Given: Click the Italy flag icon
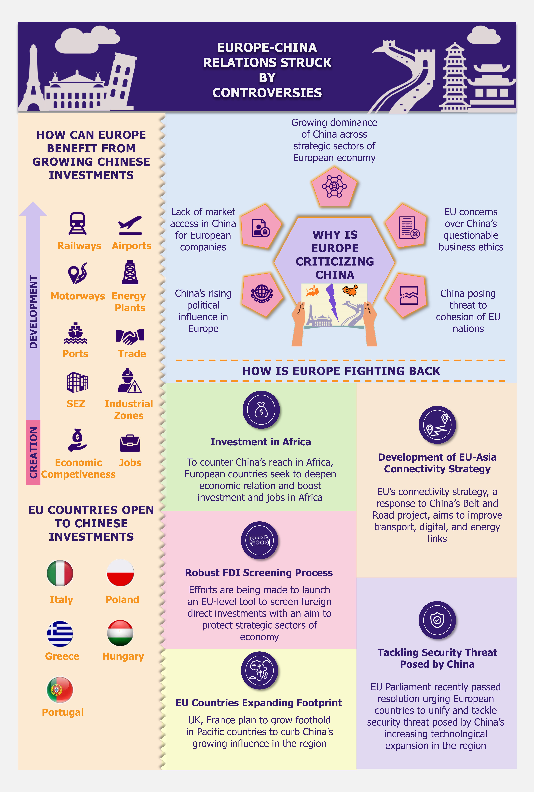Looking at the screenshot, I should tap(60, 573).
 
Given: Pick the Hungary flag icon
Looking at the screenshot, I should tap(120, 633).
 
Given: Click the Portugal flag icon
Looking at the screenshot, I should tap(60, 690).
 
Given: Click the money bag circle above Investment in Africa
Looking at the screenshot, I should tap(261, 410).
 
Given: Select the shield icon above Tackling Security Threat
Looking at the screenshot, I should tap(437, 620).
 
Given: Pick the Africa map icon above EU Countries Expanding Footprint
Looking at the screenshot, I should tap(260, 670).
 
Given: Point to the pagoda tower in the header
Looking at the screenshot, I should tap(455, 77).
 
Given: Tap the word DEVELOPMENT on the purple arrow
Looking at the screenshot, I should tap(33, 312).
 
